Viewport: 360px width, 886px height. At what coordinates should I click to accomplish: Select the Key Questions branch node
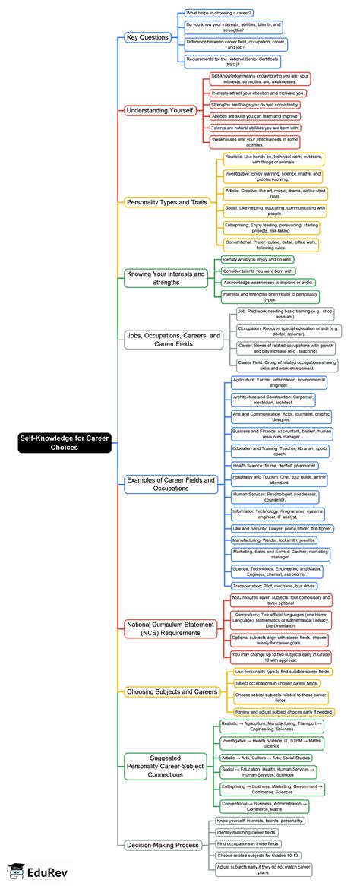[147, 36]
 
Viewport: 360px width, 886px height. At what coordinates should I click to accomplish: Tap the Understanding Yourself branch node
[160, 110]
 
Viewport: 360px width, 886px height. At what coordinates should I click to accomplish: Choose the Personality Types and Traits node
[168, 202]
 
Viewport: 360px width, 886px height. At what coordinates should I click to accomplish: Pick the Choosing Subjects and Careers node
[172, 691]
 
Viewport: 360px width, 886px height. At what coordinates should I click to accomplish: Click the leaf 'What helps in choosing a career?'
[219, 13]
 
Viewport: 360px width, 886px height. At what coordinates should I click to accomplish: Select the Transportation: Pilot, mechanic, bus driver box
[274, 586]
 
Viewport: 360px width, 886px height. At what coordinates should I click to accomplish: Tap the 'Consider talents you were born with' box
[257, 271]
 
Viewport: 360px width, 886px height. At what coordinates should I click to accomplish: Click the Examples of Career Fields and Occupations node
[171, 483]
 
